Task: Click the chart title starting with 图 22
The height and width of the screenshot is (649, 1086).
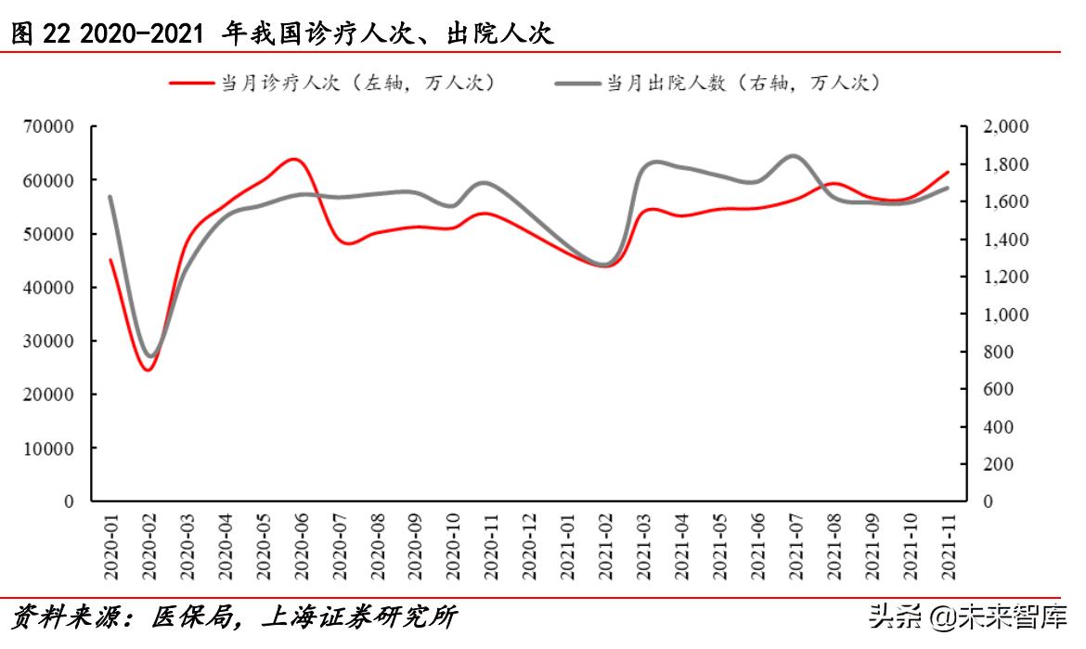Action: coord(283,34)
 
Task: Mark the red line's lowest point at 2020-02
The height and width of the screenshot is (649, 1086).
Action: coord(148,370)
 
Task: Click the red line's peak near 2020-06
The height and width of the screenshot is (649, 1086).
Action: coord(294,159)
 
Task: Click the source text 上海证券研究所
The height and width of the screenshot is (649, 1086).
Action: coord(362,617)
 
